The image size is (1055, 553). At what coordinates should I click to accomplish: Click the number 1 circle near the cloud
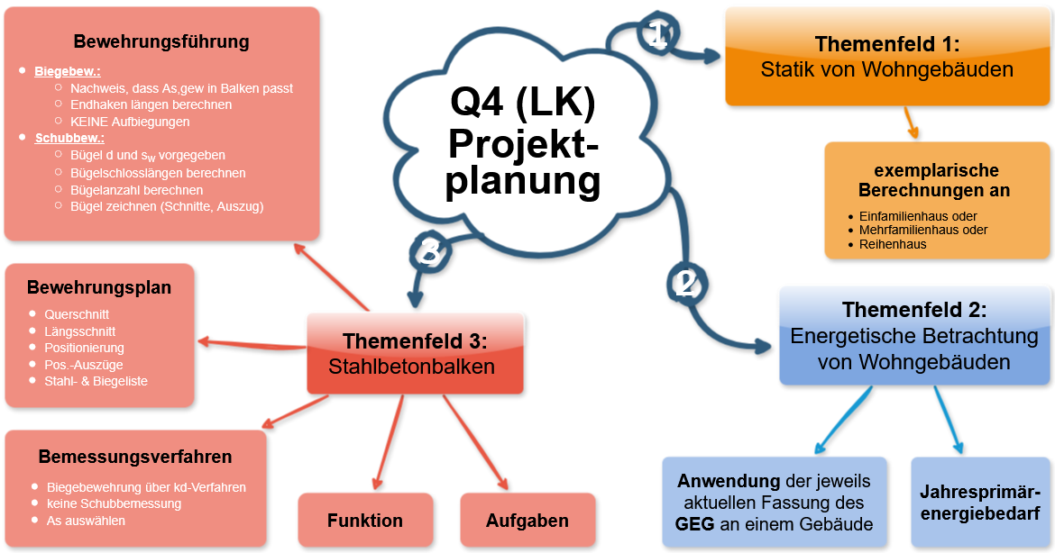coord(657,35)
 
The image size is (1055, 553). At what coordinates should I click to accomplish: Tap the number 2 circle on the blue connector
coord(685,284)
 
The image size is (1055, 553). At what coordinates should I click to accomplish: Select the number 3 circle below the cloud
coord(430,253)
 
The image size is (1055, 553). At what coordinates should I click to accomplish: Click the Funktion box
coord(365,521)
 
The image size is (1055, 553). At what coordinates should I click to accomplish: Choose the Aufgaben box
coord(527,521)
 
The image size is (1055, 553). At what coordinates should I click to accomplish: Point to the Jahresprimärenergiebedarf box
coord(980,502)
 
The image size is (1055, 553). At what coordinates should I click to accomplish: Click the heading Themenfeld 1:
coord(886,44)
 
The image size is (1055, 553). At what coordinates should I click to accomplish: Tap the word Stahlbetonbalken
coord(412,367)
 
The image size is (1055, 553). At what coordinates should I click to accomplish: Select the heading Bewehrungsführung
coord(161,41)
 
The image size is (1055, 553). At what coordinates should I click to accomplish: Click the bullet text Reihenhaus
coord(893,244)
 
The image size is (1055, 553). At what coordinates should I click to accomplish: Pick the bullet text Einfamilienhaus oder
coord(918,216)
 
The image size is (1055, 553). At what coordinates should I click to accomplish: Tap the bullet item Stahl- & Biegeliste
coord(96,381)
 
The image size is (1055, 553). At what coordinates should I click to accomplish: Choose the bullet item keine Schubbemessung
coord(114,503)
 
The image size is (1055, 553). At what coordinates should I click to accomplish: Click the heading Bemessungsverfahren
coord(135,457)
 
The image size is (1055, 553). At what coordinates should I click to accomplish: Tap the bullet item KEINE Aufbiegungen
coord(130,122)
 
